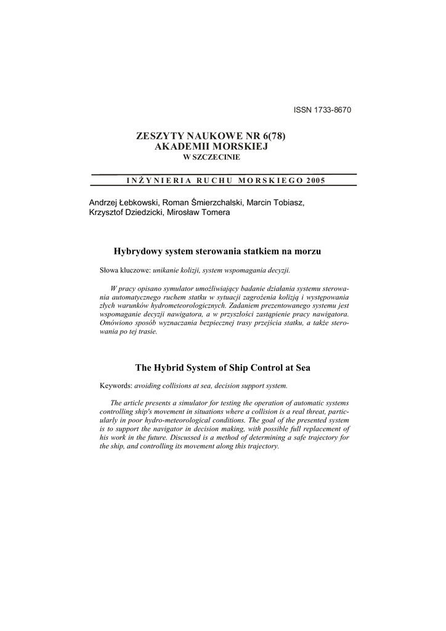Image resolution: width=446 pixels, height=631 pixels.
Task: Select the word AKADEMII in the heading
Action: (x=180, y=147)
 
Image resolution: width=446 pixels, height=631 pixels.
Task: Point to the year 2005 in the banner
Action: (x=313, y=181)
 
